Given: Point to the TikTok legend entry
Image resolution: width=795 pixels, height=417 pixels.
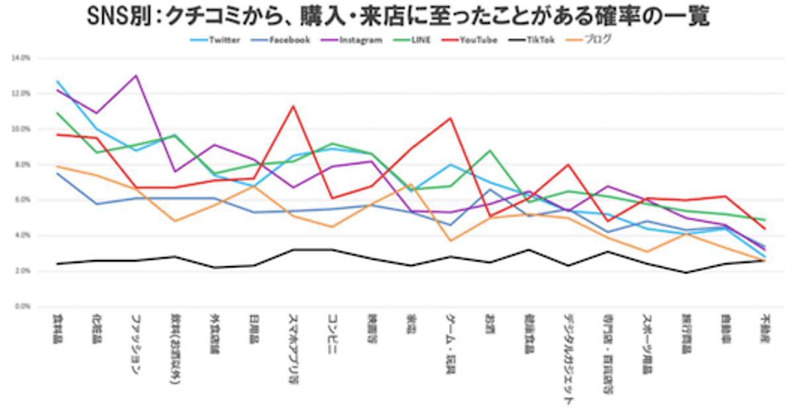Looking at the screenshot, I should coord(538,40).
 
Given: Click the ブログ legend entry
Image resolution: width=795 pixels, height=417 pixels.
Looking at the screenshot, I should coord(596,40).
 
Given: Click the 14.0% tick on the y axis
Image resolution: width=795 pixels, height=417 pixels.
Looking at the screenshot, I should coord(21,58).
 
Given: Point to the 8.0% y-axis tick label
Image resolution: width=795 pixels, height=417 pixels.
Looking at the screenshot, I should coord(21,165).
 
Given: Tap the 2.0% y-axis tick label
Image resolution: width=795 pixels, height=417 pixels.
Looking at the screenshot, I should coord(21,271).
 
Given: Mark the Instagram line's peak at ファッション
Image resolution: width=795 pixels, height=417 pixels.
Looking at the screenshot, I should coord(136,75).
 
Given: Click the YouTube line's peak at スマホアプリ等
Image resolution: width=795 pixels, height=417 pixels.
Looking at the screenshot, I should coord(293,106).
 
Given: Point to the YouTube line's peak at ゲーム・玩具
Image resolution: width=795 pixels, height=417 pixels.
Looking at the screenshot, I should coord(450,118).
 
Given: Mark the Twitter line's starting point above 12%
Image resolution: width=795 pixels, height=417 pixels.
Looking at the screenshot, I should coord(58,81).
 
